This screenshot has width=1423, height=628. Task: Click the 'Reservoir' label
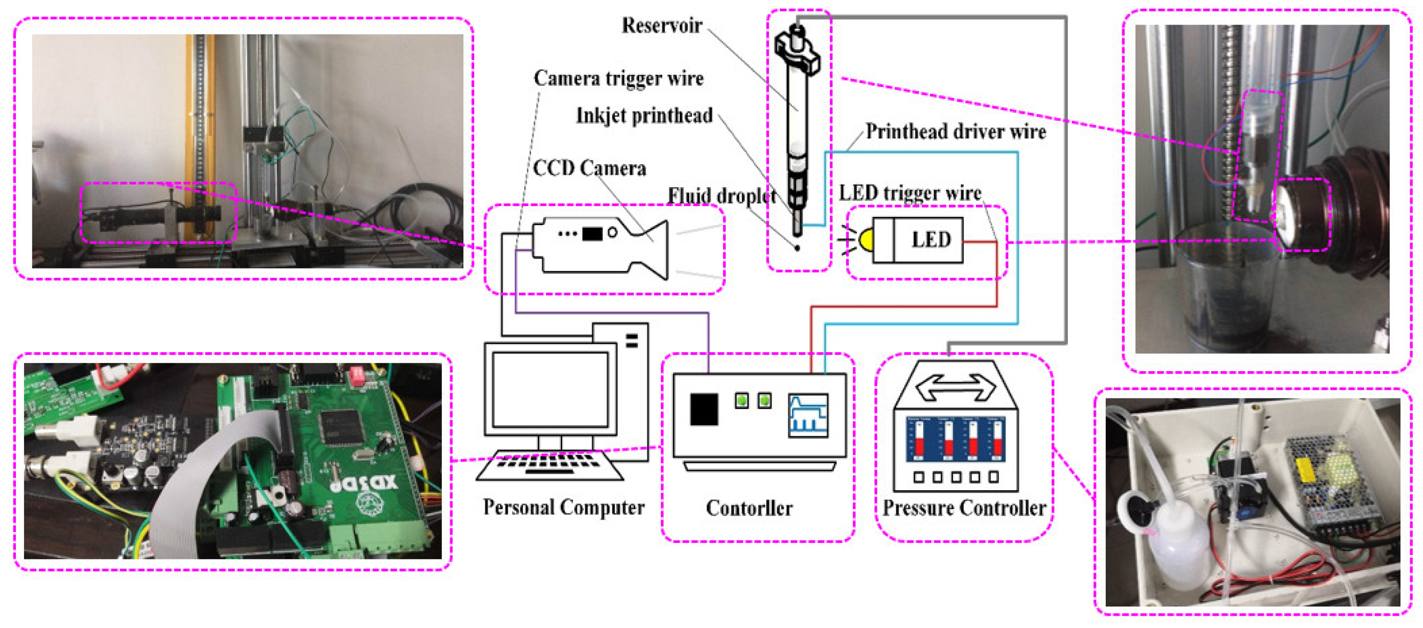click(x=661, y=26)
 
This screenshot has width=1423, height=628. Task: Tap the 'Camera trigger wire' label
click(x=618, y=78)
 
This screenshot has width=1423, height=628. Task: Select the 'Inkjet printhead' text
click(x=644, y=115)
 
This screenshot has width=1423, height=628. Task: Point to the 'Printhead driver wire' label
click(x=955, y=131)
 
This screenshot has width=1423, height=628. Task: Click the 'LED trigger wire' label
click(x=910, y=193)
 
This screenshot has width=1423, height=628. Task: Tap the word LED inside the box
click(x=931, y=240)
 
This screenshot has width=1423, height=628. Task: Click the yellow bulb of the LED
click(x=865, y=240)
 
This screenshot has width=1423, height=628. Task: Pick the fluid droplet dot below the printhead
click(x=797, y=248)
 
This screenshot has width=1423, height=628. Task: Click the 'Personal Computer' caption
click(x=563, y=507)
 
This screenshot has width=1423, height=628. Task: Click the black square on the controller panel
click(x=704, y=409)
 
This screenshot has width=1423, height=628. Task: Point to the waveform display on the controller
click(x=808, y=415)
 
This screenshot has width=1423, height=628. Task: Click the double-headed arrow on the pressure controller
click(x=956, y=386)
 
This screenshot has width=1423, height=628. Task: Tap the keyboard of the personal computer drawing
click(x=550, y=464)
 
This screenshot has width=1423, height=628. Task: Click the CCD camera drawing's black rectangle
click(x=592, y=234)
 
